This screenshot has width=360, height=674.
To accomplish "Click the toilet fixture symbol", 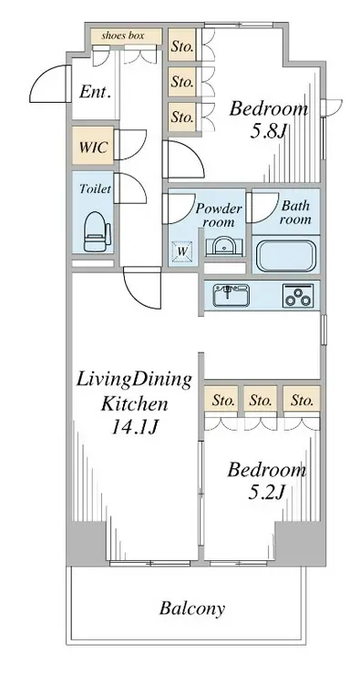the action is pyautogui.click(x=97, y=232).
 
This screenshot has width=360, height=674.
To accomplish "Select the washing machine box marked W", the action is pyautogui.click(x=182, y=251).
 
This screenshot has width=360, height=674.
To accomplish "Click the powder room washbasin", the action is pyautogui.click(x=223, y=248).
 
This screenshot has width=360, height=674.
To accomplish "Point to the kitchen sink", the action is pyautogui.click(x=231, y=295).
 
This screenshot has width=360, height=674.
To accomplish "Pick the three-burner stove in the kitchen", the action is pyautogui.click(x=298, y=295).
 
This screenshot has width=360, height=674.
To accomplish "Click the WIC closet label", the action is pyautogui.click(x=93, y=148).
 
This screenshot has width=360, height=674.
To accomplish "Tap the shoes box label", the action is pyautogui.click(x=123, y=36).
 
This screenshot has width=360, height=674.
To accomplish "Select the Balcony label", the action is pyautogui.click(x=192, y=608).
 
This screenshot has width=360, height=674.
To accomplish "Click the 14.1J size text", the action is pyautogui.click(x=135, y=427).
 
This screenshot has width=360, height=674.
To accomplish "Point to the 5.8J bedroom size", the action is pyautogui.click(x=268, y=130).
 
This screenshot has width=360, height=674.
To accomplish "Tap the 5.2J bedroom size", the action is pyautogui.click(x=266, y=493).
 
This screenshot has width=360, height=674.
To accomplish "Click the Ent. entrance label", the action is pyautogui.click(x=96, y=92).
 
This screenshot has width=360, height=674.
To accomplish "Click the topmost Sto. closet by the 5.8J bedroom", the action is pyautogui.click(x=181, y=46).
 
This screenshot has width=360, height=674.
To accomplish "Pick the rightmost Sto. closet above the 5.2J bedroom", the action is pyautogui.click(x=301, y=401).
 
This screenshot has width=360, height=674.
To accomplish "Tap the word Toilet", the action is pyautogui.click(x=95, y=189).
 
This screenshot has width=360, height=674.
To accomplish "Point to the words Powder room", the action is pyautogui.click(x=219, y=215).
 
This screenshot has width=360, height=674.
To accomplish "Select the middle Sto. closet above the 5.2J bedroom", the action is pyautogui.click(x=261, y=401).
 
